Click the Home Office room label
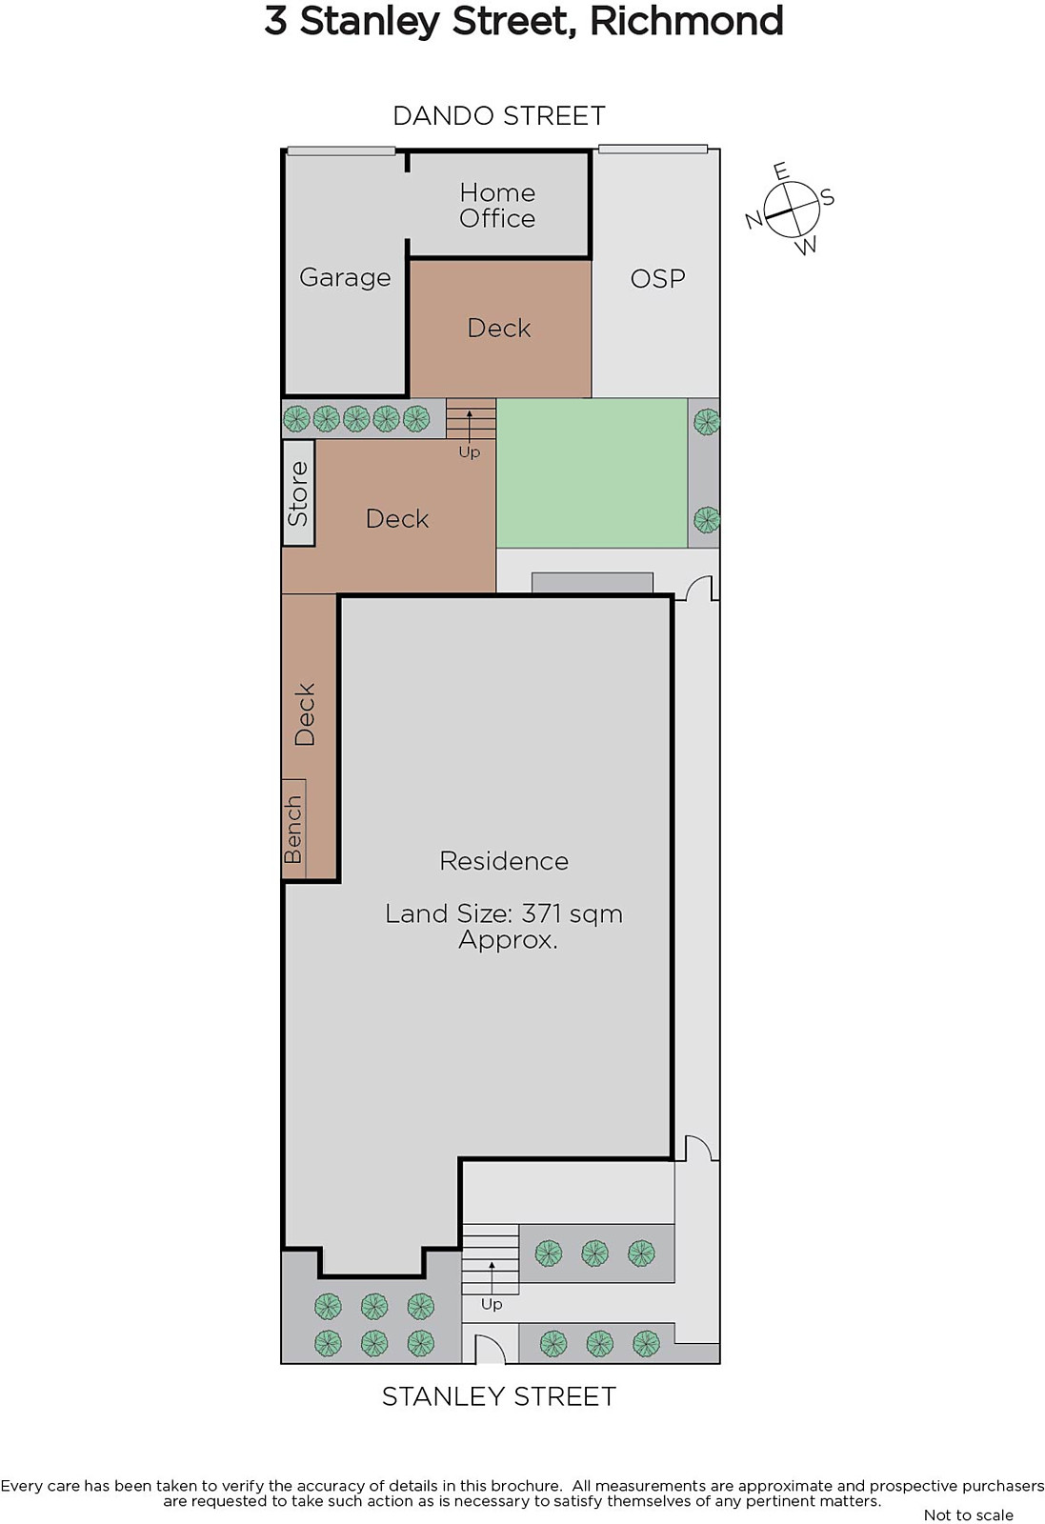tap(497, 206)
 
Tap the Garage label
tap(345, 277)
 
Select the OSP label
tap(657, 279)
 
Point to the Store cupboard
tap(298, 493)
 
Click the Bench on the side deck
tap(293, 830)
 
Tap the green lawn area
tap(592, 472)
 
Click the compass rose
tap(791, 209)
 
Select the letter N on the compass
tap(754, 220)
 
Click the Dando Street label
tap(499, 115)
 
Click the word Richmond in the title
tap(687, 21)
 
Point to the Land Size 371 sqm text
tap(504, 913)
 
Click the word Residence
tap(504, 861)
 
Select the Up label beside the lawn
tap(470, 451)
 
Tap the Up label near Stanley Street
tap(492, 1304)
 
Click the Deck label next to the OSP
tap(499, 329)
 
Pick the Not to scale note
tap(969, 1514)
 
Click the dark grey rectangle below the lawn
tap(592, 583)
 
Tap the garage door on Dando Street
tap(341, 151)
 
